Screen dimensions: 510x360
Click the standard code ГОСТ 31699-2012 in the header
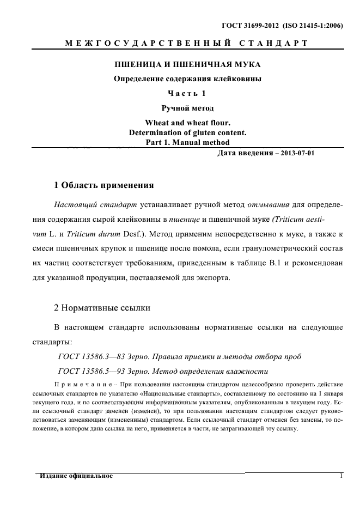pos(251,25)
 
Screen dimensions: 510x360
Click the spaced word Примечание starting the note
pos(78,385)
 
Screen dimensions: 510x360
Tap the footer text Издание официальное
pos(76,476)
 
